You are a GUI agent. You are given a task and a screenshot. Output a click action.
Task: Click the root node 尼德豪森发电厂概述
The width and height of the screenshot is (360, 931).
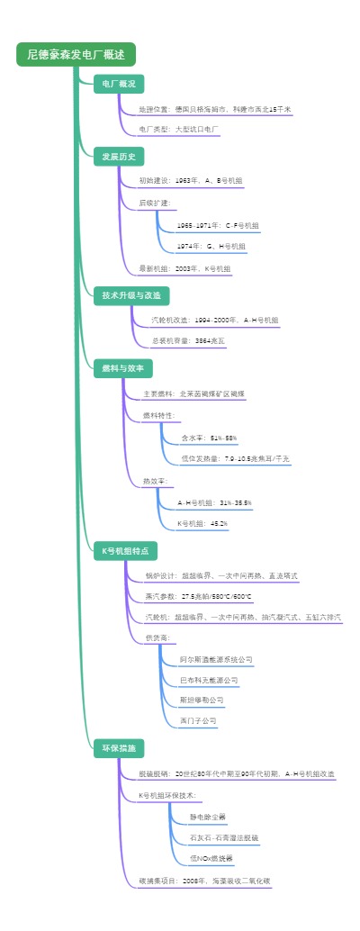(76, 55)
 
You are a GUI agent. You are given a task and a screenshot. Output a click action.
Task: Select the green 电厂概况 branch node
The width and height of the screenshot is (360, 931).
(119, 84)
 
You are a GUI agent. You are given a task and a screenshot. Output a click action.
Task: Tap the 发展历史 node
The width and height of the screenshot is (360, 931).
(119, 157)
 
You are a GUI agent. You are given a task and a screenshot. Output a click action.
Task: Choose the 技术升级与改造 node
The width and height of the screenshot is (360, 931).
(131, 295)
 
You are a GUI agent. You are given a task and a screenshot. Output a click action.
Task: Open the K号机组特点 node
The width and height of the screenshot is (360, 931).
(126, 549)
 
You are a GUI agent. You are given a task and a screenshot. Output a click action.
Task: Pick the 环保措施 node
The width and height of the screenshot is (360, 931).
(119, 747)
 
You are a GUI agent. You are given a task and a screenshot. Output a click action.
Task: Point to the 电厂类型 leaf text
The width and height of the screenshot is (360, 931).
(179, 130)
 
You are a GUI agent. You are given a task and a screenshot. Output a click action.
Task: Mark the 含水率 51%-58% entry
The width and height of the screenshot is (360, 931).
(208, 438)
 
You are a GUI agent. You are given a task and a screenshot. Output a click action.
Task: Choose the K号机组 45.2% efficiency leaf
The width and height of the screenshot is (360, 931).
(202, 523)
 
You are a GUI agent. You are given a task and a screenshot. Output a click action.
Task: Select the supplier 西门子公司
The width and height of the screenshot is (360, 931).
(198, 720)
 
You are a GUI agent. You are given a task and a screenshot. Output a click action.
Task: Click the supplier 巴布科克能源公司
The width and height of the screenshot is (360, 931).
(209, 680)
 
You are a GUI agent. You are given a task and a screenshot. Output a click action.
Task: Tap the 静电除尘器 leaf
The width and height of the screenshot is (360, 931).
(207, 818)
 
